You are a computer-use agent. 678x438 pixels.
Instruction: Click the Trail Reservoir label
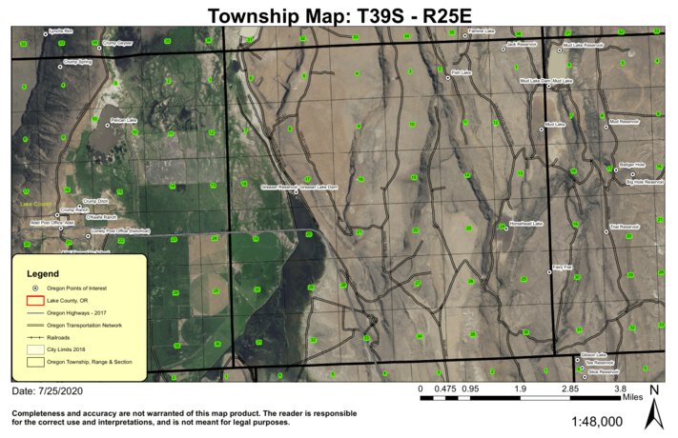pos(625,227)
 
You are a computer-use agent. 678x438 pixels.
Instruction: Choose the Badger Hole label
pos(632,164)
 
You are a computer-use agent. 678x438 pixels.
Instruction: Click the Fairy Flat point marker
pos(549,273)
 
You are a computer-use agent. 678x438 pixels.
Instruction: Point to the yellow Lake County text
pos(37,203)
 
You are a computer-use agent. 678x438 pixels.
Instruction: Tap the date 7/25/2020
pos(63,391)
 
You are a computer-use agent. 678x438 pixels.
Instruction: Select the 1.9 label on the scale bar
pos(521,388)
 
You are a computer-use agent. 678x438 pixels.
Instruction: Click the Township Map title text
pos(339,14)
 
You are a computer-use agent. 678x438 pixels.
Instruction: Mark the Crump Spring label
pos(77,62)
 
